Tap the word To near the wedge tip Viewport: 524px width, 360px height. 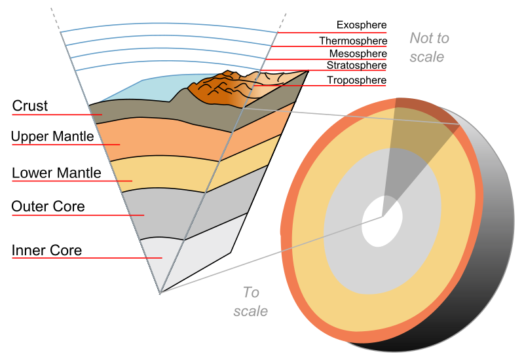(251, 292)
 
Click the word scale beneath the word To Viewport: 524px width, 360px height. (251, 312)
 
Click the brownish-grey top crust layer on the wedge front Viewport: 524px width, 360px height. (164, 114)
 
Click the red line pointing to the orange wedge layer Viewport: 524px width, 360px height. (65, 145)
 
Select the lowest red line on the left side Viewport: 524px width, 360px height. (85, 258)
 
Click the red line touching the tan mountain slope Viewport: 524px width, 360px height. (321, 86)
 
